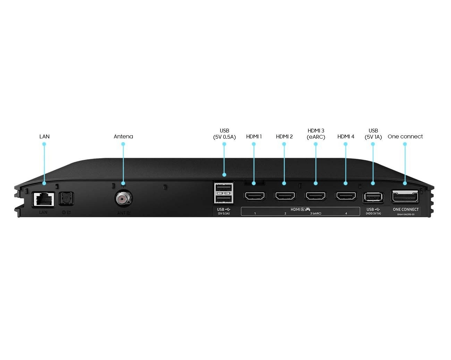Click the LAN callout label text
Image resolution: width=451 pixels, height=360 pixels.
(44, 136)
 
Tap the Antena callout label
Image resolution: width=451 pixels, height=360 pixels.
(123, 136)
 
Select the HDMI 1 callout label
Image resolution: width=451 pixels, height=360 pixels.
(254, 136)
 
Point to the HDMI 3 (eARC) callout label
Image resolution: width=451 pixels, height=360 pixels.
(316, 134)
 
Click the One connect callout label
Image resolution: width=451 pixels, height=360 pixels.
(405, 136)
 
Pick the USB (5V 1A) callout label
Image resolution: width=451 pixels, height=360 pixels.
(373, 134)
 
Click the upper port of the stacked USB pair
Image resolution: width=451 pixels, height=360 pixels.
(224, 188)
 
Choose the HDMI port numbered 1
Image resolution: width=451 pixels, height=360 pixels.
(255, 196)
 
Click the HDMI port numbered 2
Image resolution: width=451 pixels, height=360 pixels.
(285, 196)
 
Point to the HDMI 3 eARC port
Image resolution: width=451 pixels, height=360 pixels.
(315, 196)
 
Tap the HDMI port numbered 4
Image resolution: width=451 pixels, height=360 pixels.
(346, 196)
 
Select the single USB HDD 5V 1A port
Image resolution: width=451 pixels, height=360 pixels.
(373, 197)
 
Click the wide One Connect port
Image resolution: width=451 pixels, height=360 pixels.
(405, 197)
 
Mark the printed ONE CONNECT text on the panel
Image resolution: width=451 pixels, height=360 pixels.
(406, 209)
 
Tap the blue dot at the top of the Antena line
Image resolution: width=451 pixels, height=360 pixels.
(123, 144)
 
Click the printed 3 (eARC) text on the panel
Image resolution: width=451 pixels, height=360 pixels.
(316, 213)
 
